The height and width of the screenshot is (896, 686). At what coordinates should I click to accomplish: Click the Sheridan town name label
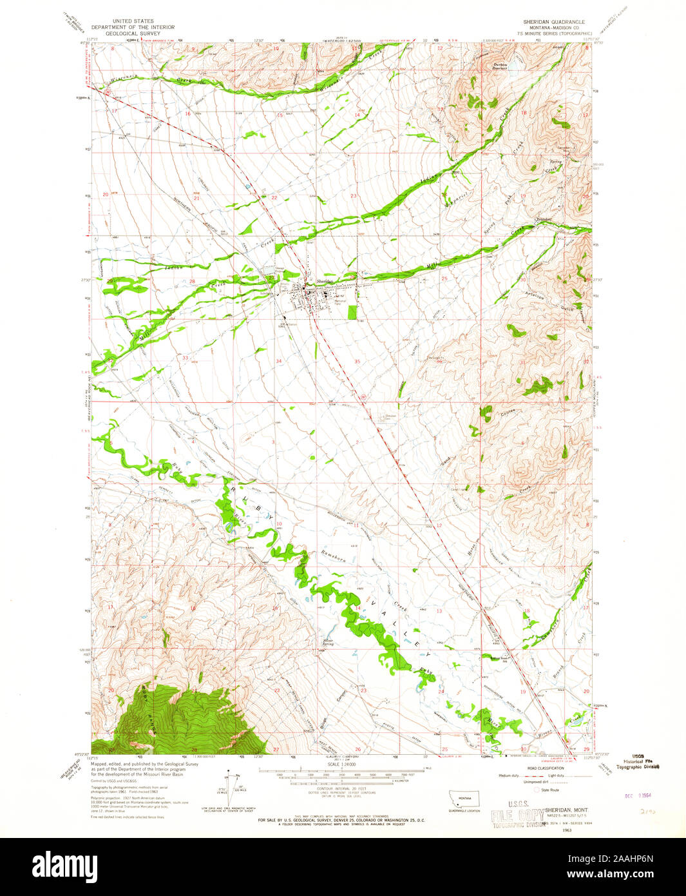click(x=324, y=282)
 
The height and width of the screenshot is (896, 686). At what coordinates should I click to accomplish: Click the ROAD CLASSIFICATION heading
click(x=544, y=768)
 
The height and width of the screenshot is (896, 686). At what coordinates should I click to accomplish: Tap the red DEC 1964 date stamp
click(x=638, y=795)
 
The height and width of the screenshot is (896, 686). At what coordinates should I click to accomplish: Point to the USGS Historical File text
click(x=638, y=761)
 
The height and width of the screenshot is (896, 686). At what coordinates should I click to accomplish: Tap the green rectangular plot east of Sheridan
click(x=352, y=313)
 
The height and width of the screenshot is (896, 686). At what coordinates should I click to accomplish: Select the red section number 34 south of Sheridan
click(x=279, y=362)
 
